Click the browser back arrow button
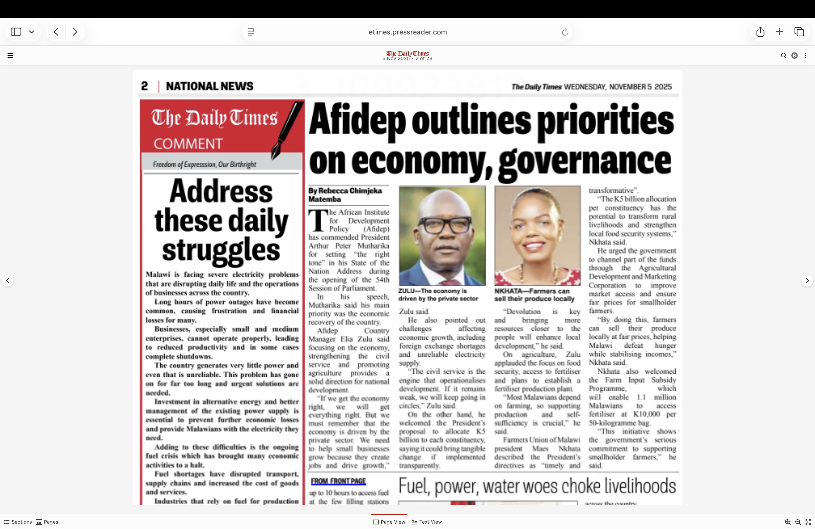point(56,32)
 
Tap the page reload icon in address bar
point(565,32)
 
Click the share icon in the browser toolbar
point(760,32)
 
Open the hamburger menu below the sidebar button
point(10,55)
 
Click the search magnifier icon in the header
point(783,55)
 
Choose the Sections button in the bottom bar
point(18,522)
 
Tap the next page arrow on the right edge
point(807,281)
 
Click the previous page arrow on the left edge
point(8,281)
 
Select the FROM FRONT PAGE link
point(338,481)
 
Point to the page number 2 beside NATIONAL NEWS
point(144,86)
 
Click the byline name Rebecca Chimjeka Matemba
point(345,195)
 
